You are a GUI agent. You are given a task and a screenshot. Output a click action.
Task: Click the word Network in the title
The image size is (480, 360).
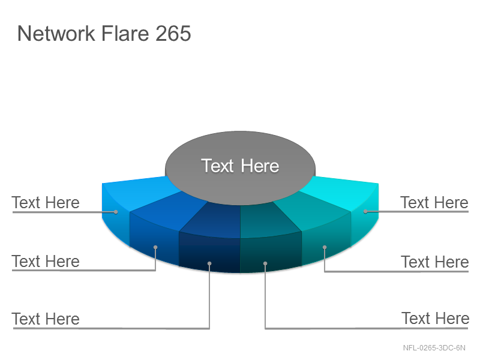56,33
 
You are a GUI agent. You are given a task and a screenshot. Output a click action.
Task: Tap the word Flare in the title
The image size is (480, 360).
125,33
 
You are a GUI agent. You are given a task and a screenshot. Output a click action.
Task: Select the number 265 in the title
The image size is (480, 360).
173,33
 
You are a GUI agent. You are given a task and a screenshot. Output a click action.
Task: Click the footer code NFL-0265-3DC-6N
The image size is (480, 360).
434,348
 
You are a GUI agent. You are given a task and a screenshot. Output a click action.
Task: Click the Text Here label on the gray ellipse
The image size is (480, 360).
240,166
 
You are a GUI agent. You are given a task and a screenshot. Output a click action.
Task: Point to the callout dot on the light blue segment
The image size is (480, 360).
116,212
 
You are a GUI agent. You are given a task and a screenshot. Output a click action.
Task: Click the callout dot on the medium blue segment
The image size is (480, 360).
155,247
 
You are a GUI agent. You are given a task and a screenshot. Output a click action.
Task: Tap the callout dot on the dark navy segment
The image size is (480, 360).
209,263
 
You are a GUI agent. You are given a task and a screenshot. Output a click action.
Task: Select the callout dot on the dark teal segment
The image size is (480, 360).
265,263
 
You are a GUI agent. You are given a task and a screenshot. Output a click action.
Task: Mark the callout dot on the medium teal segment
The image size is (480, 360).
325,247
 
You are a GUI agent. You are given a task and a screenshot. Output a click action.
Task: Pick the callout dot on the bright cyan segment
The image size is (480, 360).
365,211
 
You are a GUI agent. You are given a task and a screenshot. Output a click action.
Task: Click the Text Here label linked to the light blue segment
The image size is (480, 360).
46,203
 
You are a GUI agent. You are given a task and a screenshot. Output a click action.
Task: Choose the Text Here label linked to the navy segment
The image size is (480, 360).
46,319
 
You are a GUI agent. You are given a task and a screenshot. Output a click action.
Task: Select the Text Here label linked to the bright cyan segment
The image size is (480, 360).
434,203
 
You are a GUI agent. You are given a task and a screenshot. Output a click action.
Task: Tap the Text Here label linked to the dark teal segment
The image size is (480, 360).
436,319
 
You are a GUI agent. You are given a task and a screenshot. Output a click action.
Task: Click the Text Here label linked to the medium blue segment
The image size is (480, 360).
46,262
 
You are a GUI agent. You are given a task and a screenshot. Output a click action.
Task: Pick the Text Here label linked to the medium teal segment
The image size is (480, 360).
435,262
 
